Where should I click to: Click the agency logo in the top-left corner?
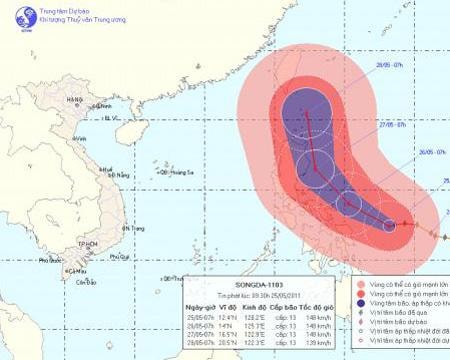tap(15, 15)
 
